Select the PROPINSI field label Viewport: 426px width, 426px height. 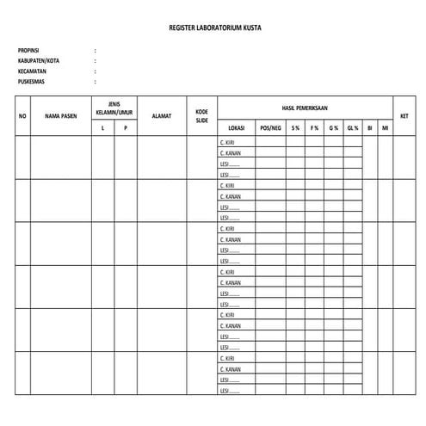(28, 51)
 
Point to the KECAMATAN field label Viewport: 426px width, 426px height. (32, 71)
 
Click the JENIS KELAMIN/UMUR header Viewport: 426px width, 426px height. (114, 107)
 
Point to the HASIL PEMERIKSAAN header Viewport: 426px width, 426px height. (305, 108)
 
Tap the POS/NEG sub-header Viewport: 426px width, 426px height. (270, 127)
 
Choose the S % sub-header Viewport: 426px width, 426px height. (295, 127)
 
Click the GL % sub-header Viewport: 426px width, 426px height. (353, 127)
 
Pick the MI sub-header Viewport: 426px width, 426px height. (385, 127)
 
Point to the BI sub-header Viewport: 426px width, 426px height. (369, 127)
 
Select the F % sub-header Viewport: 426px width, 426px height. (314, 127)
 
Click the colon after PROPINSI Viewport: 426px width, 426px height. (95, 51)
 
